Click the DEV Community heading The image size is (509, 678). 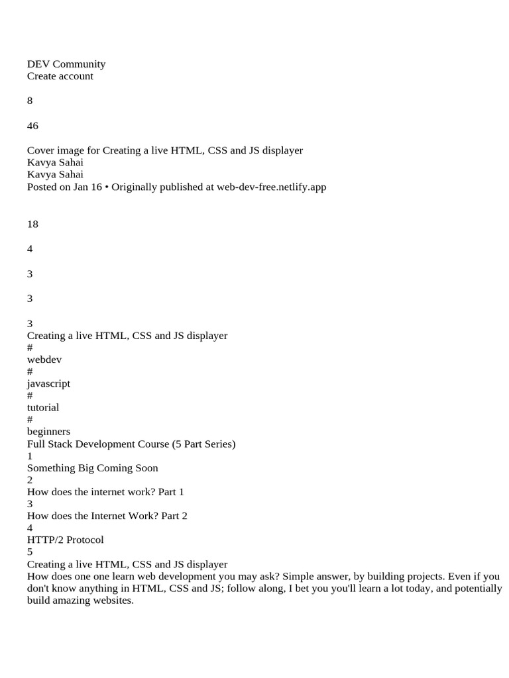[66, 64]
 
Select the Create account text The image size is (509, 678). [60, 76]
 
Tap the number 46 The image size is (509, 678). [32, 126]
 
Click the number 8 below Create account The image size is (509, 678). [30, 101]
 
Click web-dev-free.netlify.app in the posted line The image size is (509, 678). [271, 187]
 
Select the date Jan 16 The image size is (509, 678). [89, 187]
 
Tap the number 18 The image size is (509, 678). [32, 224]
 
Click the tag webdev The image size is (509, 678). [44, 360]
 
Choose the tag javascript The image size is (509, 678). [48, 383]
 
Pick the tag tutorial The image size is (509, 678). [43, 407]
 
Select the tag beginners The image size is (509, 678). [48, 432]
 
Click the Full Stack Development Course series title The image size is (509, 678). [131, 444]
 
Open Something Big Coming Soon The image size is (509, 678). [93, 468]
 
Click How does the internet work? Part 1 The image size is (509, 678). [105, 492]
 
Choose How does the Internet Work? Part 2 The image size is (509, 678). [107, 516]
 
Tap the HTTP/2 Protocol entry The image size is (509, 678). [66, 540]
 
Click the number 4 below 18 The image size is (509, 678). [30, 249]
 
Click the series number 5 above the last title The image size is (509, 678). [30, 552]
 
